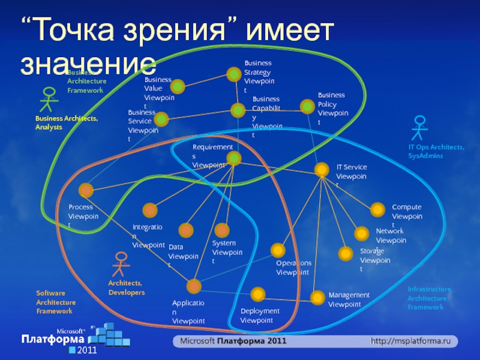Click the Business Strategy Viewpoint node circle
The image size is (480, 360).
tap(233, 74)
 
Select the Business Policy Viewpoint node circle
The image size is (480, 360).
tap(307, 106)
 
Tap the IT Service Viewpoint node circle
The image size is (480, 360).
tap(322, 170)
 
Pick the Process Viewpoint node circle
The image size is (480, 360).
tap(86, 190)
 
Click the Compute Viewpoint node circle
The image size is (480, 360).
tap(377, 209)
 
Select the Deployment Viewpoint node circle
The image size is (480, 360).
tap(258, 294)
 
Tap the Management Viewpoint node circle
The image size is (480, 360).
tap(317, 296)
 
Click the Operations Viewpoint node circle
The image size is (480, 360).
tap(277, 250)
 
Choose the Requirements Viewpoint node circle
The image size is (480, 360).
tap(234, 158)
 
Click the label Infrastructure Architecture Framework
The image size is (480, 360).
tap(429, 298)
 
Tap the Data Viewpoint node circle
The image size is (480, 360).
tap(186, 230)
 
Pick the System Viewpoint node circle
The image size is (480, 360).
tap(222, 230)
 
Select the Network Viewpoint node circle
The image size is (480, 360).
tap(361, 233)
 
